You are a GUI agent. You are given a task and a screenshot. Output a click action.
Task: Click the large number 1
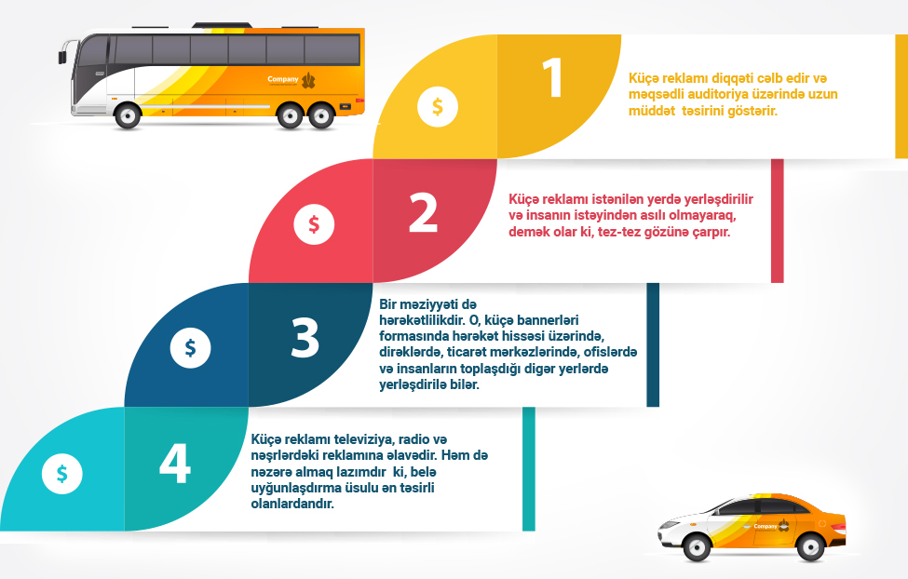(x=553, y=79)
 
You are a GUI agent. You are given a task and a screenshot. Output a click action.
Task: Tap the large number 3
(x=305, y=339)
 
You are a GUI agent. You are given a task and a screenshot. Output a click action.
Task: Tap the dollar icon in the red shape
(x=314, y=223)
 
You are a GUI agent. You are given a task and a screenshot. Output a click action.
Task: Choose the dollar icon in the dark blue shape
(x=190, y=348)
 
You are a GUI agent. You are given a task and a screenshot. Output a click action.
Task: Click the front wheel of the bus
(x=127, y=114)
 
